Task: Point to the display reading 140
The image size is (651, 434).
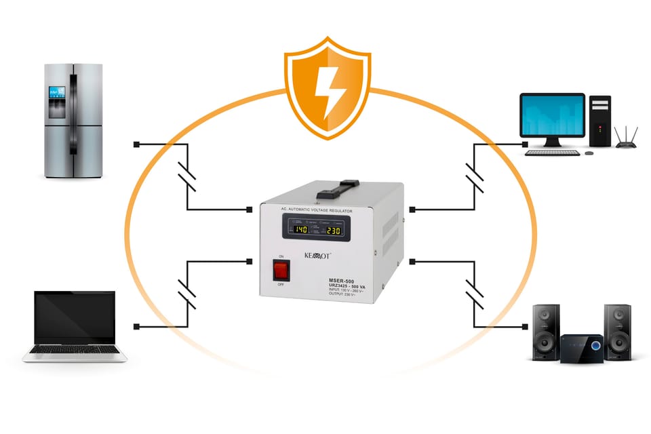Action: pos(299,230)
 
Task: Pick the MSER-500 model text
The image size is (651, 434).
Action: pos(339,281)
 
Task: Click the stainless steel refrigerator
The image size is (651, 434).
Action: pos(73,121)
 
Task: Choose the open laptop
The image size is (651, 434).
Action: pos(75,325)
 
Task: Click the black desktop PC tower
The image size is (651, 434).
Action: pos(599,121)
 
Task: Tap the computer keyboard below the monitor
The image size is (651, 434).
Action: pos(553,153)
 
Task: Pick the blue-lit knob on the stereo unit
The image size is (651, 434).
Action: pos(595,346)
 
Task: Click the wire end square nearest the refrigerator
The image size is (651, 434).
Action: pos(136,144)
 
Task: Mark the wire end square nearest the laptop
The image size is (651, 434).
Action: pos(136,327)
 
